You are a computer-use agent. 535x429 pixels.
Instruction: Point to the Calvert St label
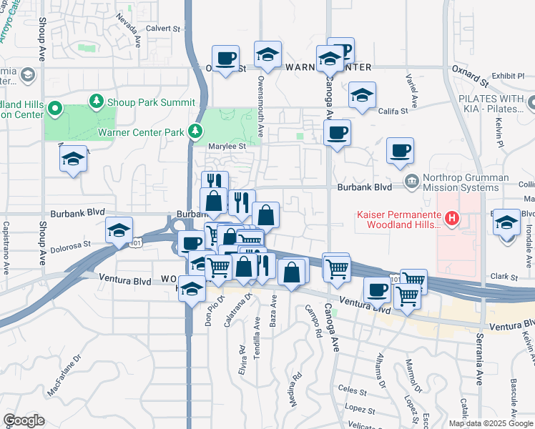pyautogui.click(x=163, y=29)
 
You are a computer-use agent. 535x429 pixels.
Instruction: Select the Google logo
pyautogui.click(x=24, y=420)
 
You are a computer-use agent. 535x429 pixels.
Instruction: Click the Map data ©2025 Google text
pyautogui.click(x=491, y=423)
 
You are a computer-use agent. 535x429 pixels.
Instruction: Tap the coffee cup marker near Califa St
pyautogui.click(x=337, y=132)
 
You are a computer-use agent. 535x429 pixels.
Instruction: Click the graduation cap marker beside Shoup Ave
pyautogui.click(x=73, y=159)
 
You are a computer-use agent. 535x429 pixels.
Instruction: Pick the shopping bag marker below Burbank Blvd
pyautogui.click(x=265, y=214)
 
